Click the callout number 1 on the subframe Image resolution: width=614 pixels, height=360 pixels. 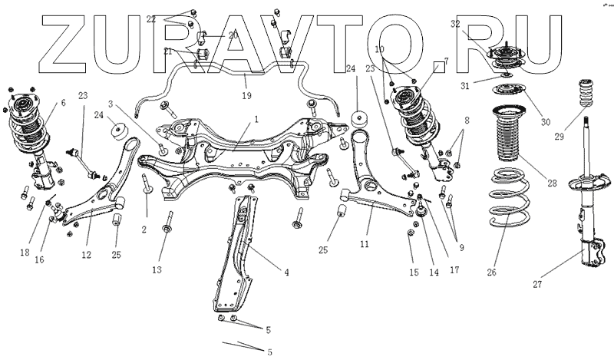tap(256, 119)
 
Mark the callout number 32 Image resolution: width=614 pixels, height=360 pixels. tap(456, 25)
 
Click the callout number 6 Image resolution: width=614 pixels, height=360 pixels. tap(62, 102)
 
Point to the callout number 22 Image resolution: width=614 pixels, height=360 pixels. tap(151, 18)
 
